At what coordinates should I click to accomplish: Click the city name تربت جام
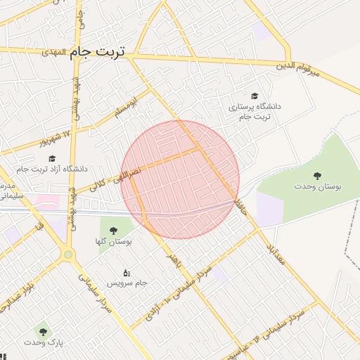(98, 53)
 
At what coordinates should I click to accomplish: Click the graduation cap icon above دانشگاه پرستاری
(254, 96)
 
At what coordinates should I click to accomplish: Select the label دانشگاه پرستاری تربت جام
(254, 111)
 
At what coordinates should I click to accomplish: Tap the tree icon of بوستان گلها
(113, 229)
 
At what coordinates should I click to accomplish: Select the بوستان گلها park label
(113, 240)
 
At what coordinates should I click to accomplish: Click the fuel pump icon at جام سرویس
(127, 272)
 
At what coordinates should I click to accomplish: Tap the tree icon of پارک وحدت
(43, 331)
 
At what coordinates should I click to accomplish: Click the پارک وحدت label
(43, 342)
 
